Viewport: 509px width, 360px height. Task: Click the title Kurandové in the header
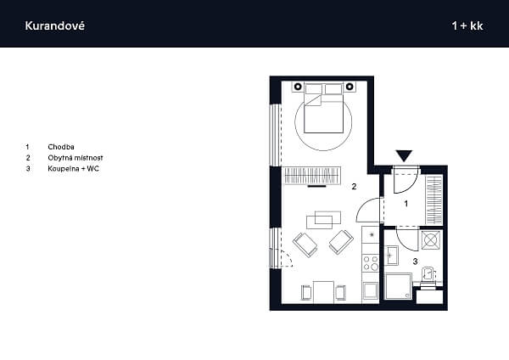point(54,25)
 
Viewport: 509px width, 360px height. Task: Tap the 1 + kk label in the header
point(467,25)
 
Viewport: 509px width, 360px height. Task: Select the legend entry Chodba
point(61,147)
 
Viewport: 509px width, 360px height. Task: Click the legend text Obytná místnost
point(76,158)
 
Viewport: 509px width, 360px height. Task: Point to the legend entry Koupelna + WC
point(73,169)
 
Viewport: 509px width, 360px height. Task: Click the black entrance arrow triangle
point(404,155)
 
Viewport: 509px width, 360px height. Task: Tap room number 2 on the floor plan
point(354,187)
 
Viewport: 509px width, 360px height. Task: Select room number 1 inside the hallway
point(406,204)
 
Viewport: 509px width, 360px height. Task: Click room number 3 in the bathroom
point(415,262)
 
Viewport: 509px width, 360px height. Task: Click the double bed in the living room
point(324,108)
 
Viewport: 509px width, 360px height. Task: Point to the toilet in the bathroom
point(428,277)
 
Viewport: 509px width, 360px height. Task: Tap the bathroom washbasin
point(392,256)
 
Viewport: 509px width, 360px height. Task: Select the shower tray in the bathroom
point(398,286)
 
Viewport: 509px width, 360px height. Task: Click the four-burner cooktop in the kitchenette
point(371,263)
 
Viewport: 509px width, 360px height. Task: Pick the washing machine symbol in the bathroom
point(431,240)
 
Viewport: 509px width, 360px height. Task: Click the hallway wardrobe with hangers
point(434,200)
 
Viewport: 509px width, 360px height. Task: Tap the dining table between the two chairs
point(324,292)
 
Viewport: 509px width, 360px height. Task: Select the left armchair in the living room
point(305,245)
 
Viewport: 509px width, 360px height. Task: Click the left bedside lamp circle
point(298,87)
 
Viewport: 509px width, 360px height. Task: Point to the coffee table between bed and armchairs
point(324,220)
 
